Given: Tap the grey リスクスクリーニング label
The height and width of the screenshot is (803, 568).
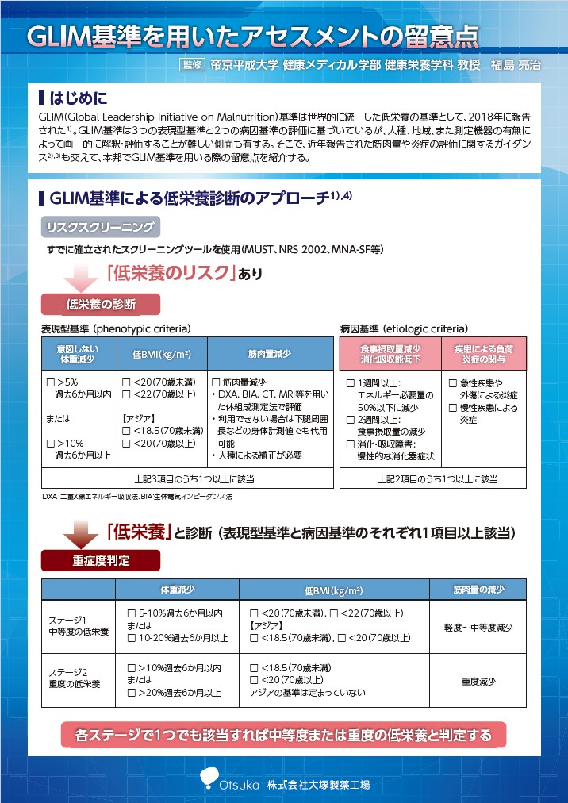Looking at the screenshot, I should coord(100,228).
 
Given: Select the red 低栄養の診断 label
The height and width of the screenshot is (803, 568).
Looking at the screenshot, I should coord(101,304).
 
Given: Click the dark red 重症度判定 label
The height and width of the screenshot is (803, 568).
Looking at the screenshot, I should coord(101,560).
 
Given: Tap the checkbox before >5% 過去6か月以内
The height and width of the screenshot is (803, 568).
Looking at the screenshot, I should coord(51,383).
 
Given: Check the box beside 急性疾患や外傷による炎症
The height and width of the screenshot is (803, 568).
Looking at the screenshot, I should coord(453,383).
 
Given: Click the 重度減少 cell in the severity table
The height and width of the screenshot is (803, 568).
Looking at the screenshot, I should coord(478,681).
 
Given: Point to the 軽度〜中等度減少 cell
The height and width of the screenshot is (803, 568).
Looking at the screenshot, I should coord(478,627).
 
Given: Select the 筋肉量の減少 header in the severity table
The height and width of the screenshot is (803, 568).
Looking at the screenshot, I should coord(478,590).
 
